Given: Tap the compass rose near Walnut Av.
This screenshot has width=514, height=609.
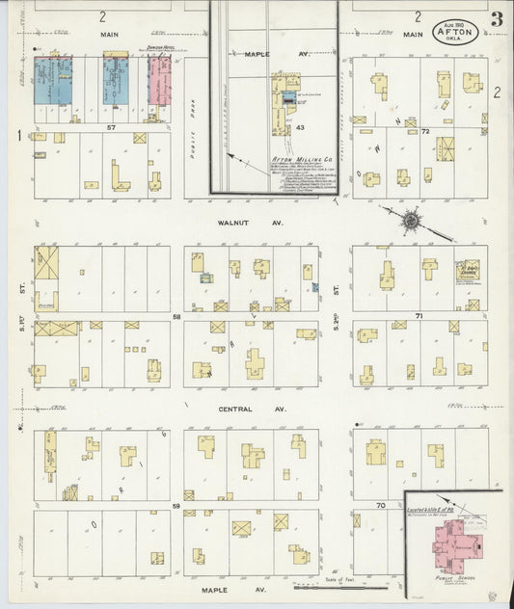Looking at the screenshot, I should coord(412,221).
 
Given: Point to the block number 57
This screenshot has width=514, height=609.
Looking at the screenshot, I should coord(112,127).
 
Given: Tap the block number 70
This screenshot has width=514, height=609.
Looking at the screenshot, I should coord(380,505).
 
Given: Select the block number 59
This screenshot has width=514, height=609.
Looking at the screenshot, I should coord(176,505).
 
